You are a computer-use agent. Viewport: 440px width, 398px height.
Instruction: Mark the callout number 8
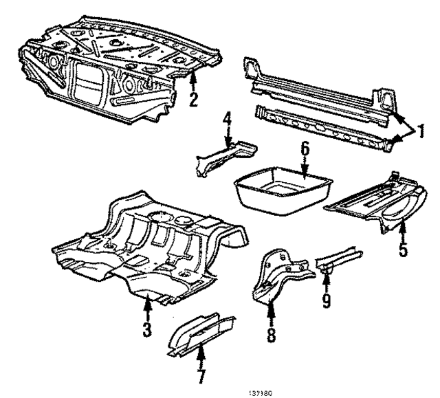(270, 335)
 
